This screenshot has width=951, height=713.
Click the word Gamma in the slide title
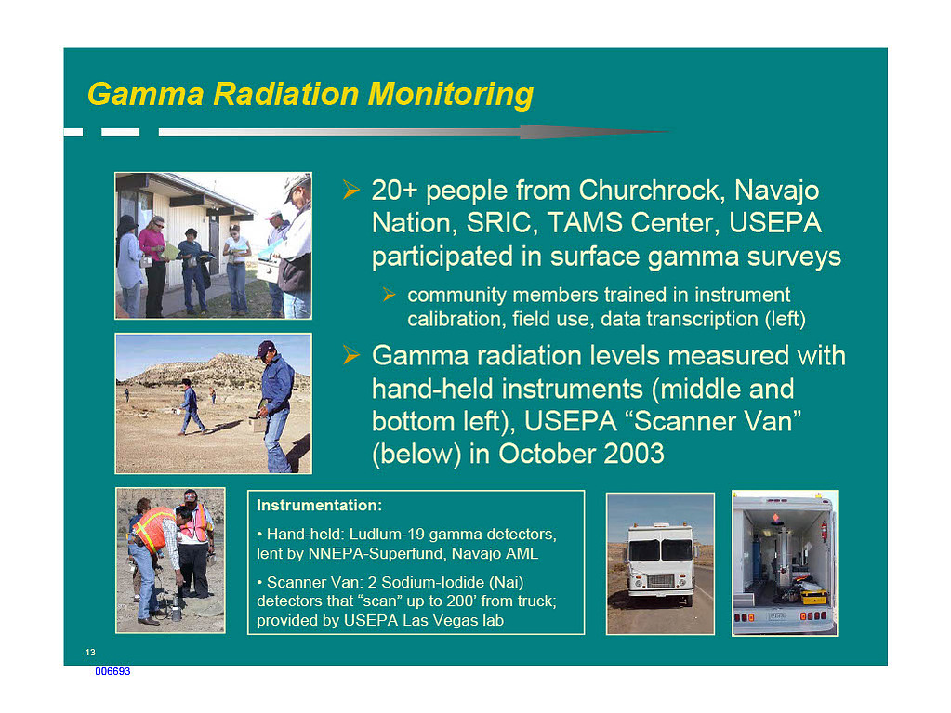pos(146,95)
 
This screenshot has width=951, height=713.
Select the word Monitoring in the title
pos(451,95)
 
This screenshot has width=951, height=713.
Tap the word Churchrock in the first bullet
pos(652,191)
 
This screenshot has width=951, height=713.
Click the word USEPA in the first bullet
pos(775,222)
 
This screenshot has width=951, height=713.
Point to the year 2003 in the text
pos(634,454)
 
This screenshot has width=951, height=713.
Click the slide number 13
pos(90,653)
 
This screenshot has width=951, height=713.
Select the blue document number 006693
pos(112,671)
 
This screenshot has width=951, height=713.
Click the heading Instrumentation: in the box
pos(319,505)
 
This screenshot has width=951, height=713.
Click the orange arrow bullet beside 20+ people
pos(351,190)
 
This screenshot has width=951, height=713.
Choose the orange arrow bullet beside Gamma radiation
pos(351,355)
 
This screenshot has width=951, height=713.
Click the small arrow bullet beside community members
pos(390,296)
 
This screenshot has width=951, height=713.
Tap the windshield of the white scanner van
pos(660,550)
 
